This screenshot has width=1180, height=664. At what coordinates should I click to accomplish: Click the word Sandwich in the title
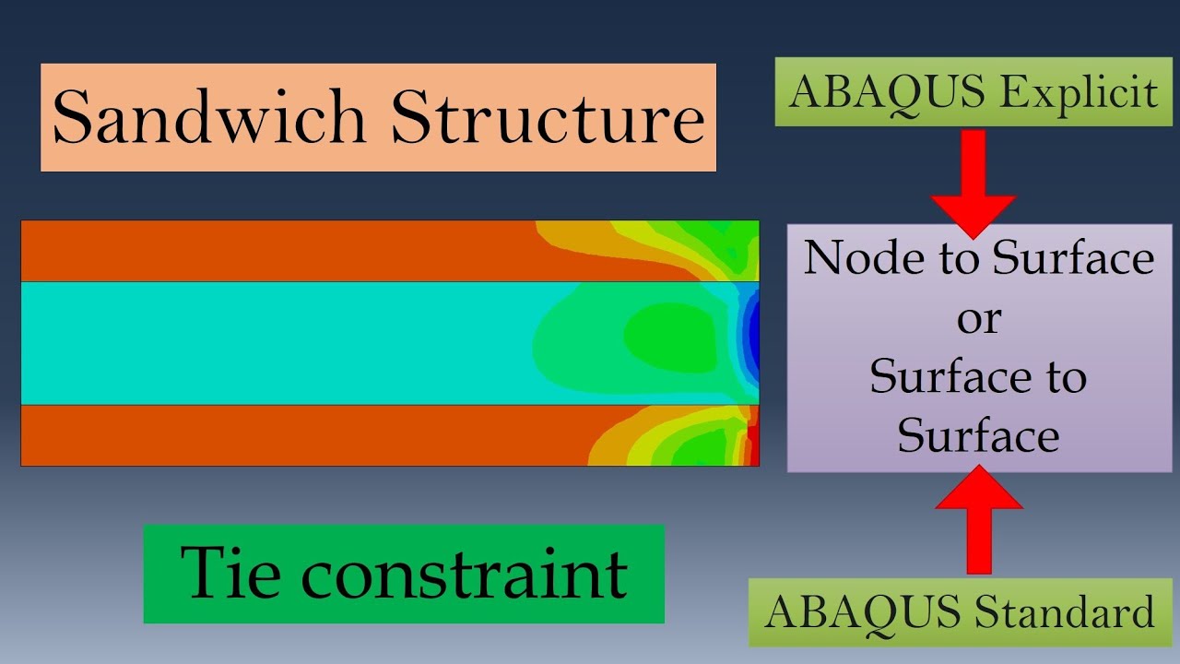pos(209,116)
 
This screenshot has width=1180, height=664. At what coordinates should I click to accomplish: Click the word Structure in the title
pos(548,116)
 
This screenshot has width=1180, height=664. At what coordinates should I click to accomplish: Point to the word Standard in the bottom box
pos(1064,611)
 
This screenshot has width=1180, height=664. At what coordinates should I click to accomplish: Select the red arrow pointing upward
pos(979,519)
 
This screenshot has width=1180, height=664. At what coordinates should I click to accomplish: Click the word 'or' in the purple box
pos(979,319)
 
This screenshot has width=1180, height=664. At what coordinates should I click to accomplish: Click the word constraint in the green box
pos(464,575)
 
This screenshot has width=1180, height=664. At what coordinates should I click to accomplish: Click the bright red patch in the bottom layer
pos(753,442)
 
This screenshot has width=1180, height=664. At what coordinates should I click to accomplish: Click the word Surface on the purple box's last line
pos(978,435)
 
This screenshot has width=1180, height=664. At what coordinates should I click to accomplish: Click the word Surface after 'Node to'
pos(1073,257)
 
